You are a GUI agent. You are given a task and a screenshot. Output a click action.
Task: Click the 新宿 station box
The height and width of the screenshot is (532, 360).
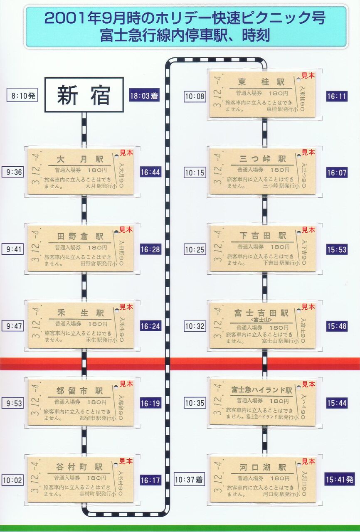(x=84, y=95)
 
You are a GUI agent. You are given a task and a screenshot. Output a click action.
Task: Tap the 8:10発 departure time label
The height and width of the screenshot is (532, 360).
(x=22, y=96)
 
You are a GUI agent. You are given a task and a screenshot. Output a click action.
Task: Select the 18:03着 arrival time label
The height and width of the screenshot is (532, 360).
(x=144, y=96)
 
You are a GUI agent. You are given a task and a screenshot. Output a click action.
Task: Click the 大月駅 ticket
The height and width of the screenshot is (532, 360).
(x=81, y=172)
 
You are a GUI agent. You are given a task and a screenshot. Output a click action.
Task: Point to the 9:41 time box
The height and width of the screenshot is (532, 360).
(x=15, y=249)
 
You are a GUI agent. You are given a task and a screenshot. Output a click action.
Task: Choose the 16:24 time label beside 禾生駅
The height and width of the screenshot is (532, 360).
(x=150, y=326)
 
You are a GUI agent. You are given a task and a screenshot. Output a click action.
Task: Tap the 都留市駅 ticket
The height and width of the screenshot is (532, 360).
(x=81, y=402)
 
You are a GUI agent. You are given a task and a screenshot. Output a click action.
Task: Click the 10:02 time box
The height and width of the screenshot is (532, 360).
(x=12, y=480)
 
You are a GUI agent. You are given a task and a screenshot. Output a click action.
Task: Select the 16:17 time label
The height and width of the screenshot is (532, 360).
(x=150, y=480)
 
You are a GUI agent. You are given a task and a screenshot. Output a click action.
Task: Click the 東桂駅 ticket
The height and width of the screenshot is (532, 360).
(x=262, y=94)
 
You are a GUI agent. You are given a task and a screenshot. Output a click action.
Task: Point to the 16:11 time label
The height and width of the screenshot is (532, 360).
(x=336, y=96)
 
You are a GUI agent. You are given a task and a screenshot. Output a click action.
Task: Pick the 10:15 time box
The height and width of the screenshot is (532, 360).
(x=195, y=172)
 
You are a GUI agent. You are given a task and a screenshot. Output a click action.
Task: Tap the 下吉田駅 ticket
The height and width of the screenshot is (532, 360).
(x=262, y=249)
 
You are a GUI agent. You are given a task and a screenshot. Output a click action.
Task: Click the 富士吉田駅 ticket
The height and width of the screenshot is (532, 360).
(x=262, y=325)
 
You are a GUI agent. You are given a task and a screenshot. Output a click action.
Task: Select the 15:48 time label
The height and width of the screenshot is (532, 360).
(x=336, y=326)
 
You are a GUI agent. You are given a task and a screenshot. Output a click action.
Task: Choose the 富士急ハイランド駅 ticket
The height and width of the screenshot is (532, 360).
(x=262, y=402)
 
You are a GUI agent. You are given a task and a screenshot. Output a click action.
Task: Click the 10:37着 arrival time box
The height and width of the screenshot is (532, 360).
(x=190, y=480)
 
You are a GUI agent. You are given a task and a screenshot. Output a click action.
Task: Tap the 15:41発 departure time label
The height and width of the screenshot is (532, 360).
(x=339, y=480)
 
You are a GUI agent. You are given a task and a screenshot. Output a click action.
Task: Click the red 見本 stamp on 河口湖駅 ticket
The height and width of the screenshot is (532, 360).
(x=308, y=461)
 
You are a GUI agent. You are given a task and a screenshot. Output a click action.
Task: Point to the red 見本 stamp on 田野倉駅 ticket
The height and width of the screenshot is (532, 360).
(x=126, y=229)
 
